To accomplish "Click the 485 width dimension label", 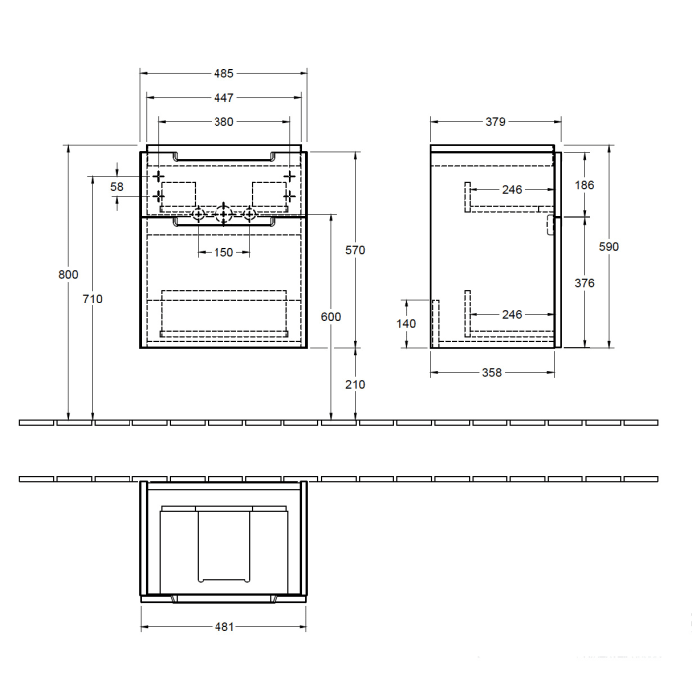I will coord(223,73).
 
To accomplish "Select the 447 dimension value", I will coord(223,98).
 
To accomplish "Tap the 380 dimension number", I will coord(223,122).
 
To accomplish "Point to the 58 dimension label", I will coord(117,187).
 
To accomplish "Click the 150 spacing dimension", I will coord(223,253).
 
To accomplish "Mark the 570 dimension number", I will coord(356,250).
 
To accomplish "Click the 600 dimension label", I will coord(331,316).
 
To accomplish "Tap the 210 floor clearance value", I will coord(356,384).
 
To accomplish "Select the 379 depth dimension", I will coord(496,122).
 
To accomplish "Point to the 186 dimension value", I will coord(584,185).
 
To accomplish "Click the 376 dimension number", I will coord(584,282).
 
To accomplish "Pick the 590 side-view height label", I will coord(609,247).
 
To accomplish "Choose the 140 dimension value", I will coord(407,323).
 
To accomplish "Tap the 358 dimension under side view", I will coord(491,373).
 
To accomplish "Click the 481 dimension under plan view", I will coord(223,626).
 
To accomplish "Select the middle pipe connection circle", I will coord(224,214).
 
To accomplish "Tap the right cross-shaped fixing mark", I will coord(289,176).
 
